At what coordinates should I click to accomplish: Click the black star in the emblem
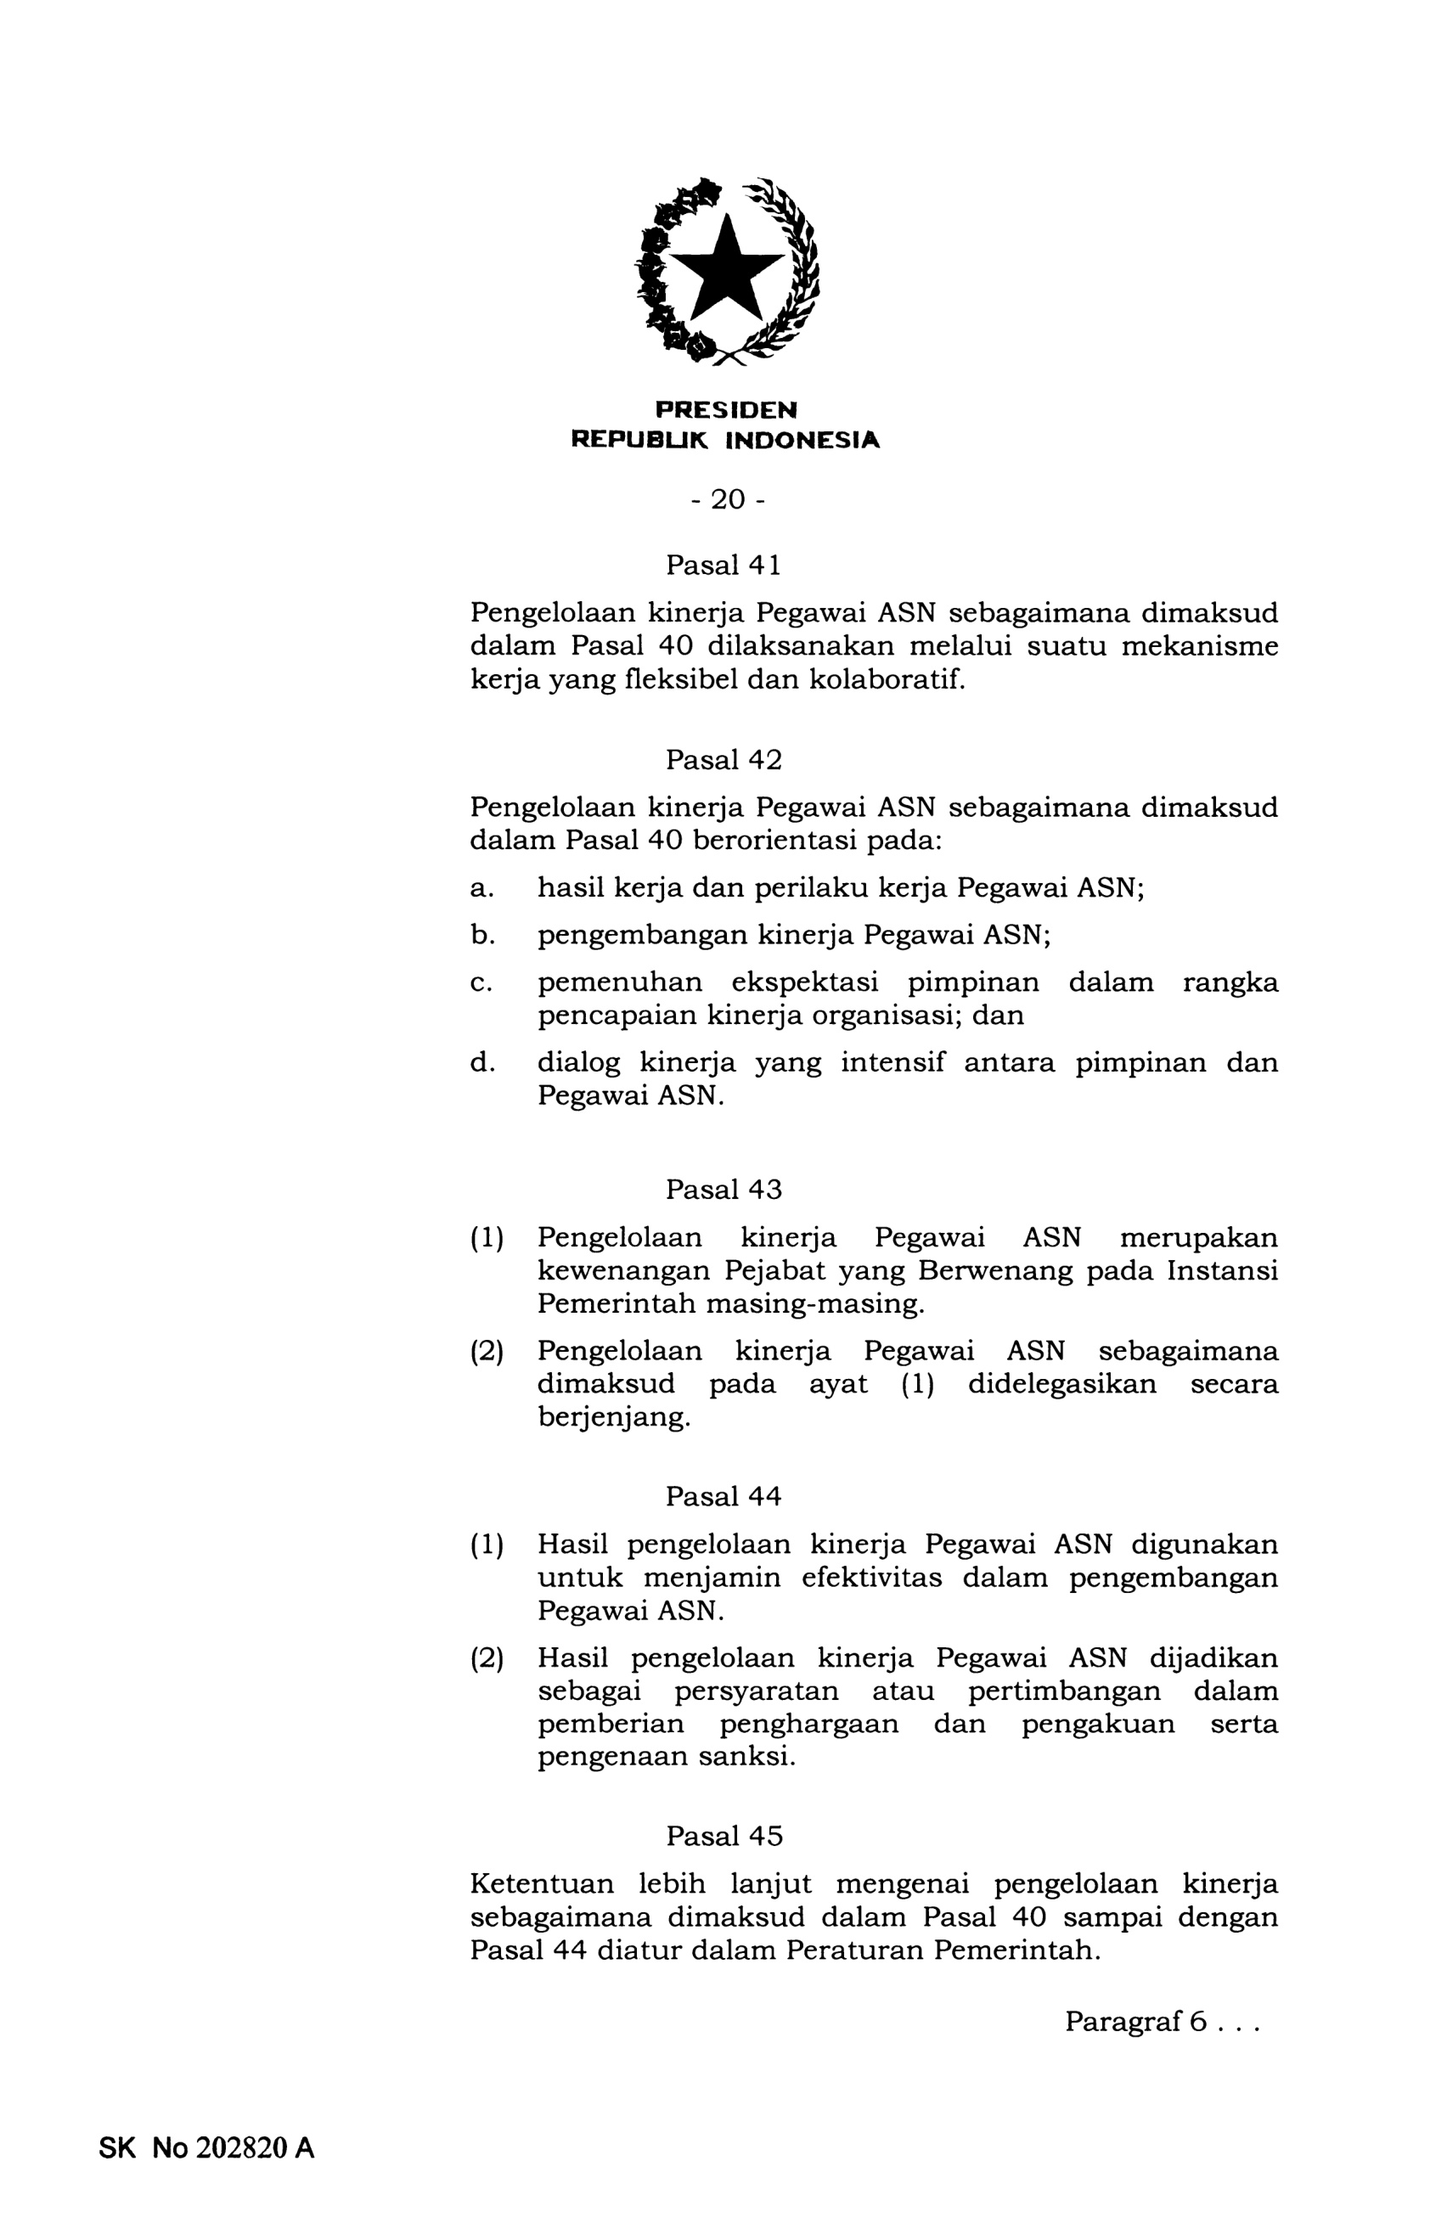[x=726, y=271]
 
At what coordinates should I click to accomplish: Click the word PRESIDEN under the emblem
[x=726, y=410]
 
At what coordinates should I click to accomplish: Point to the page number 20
[x=728, y=499]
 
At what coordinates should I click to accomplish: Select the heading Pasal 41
[x=723, y=566]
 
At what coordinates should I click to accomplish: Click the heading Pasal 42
[x=723, y=760]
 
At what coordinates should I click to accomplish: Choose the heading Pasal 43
[x=723, y=1189]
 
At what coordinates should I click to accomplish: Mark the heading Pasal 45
[x=723, y=1837]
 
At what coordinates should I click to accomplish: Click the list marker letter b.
[x=482, y=934]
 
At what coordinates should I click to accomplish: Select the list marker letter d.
[x=482, y=1062]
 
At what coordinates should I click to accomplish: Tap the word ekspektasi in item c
[x=804, y=982]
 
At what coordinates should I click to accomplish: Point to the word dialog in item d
[x=578, y=1062]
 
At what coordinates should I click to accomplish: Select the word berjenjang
[x=614, y=1417]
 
